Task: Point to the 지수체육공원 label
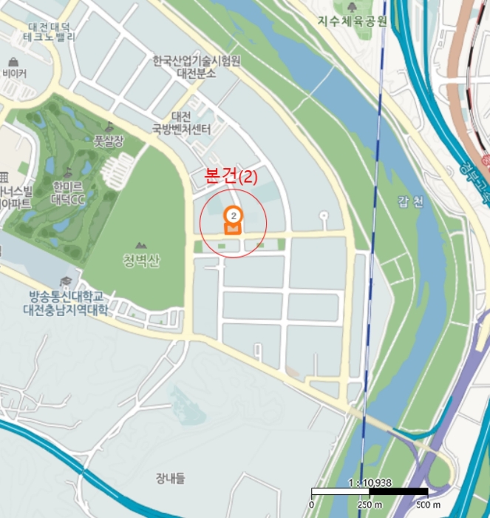click(x=352, y=21)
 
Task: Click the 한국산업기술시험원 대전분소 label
click(x=196, y=67)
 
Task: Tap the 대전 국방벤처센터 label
click(x=182, y=123)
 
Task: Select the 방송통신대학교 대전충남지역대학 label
click(x=65, y=303)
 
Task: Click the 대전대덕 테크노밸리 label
click(x=48, y=31)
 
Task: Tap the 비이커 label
click(x=15, y=74)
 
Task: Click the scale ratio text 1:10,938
click(x=369, y=482)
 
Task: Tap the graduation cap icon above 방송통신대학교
click(x=66, y=280)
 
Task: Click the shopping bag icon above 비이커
click(x=14, y=61)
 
